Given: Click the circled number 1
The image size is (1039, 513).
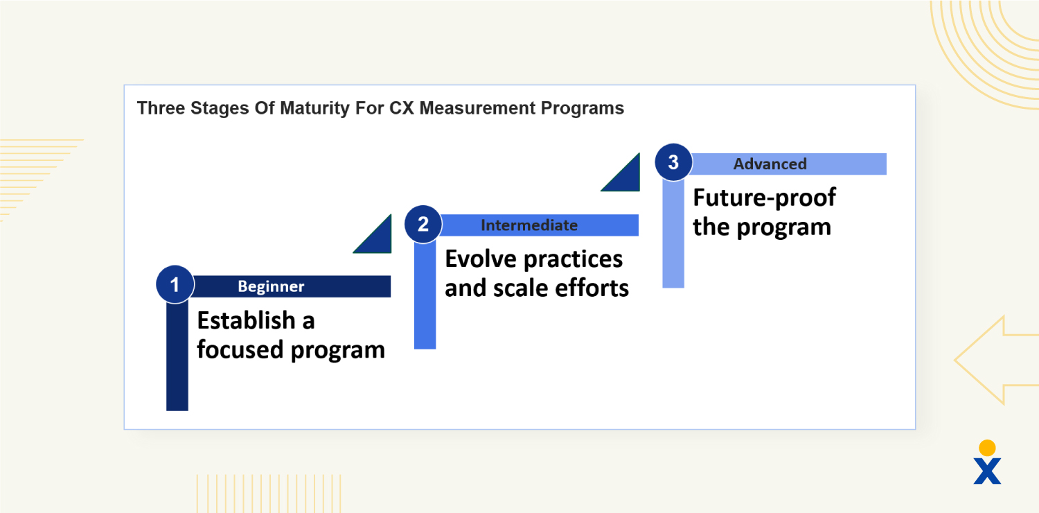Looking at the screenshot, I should point(175,285).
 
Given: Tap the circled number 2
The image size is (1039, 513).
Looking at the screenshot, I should point(423,224).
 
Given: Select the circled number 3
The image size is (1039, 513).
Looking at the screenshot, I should point(673,163).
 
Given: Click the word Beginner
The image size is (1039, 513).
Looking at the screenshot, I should point(271,286).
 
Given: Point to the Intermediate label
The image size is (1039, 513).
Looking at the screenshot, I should point(529,225).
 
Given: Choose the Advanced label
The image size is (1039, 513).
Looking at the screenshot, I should point(770,164).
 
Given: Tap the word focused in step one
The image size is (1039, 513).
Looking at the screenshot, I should point(240,349).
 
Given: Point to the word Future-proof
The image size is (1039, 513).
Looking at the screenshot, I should point(764,198).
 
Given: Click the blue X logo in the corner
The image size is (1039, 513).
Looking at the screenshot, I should point(987,470).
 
